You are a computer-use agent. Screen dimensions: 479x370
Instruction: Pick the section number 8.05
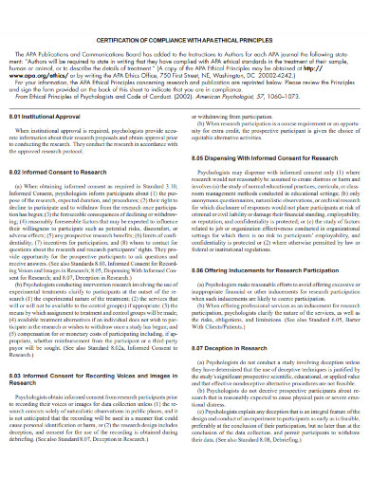(x=200, y=154)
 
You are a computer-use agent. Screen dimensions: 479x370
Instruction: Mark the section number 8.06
(x=200, y=270)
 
